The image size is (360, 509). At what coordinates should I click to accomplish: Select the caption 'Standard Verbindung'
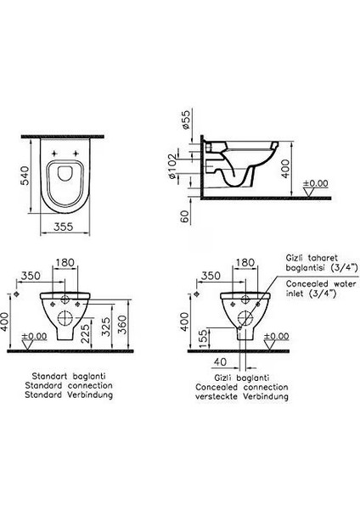68,394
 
